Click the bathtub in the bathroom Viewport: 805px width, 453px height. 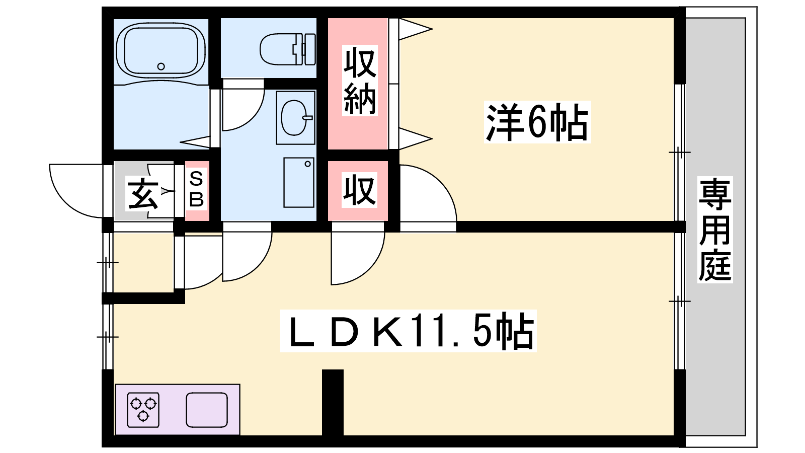[161, 50]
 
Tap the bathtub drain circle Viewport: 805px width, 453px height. [161, 66]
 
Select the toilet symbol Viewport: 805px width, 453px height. [287, 49]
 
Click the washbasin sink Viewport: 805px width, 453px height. [295, 118]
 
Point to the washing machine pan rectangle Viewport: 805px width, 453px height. [299, 182]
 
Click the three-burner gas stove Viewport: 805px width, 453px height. [143, 410]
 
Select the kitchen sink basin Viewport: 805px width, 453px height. [207, 410]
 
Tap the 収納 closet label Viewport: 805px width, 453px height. [360, 80]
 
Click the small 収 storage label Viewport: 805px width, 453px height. [359, 190]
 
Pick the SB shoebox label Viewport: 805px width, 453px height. [197, 189]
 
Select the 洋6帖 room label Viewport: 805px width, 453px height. [537, 122]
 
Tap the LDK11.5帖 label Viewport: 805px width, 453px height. [408, 331]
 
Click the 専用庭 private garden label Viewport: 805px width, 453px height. [715, 230]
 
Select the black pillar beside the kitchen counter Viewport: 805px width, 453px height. [333, 403]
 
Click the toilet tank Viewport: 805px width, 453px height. [309, 49]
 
